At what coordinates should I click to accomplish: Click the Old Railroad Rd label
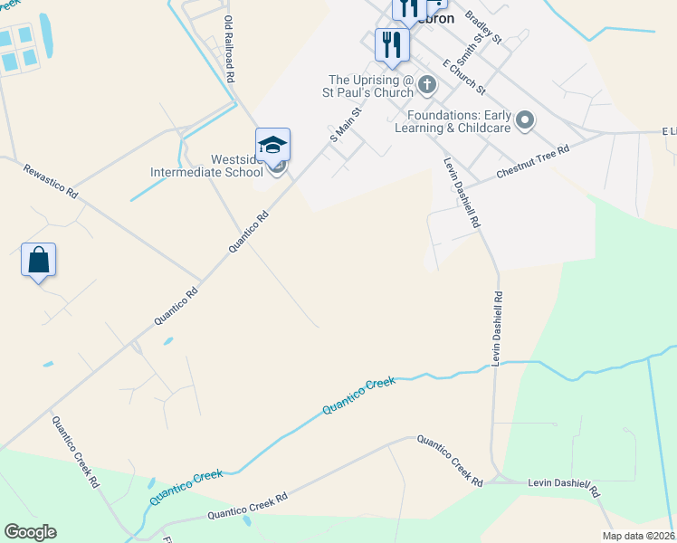pos(229,51)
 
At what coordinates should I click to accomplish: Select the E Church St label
pos(464,77)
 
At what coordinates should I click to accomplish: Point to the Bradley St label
pos(483,27)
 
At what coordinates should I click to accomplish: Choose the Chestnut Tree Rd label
pos(532,162)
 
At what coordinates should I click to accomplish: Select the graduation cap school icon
pos(272,145)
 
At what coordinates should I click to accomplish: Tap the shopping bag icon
pos(39,260)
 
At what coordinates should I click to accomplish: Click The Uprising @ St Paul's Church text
pos(370,86)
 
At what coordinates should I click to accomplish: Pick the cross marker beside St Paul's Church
pos(427,85)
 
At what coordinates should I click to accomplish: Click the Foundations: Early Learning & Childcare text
pos(459,121)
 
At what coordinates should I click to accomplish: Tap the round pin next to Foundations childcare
pos(526,120)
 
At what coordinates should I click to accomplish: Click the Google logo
pos(30,532)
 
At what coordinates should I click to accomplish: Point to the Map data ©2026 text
pos(638,536)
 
